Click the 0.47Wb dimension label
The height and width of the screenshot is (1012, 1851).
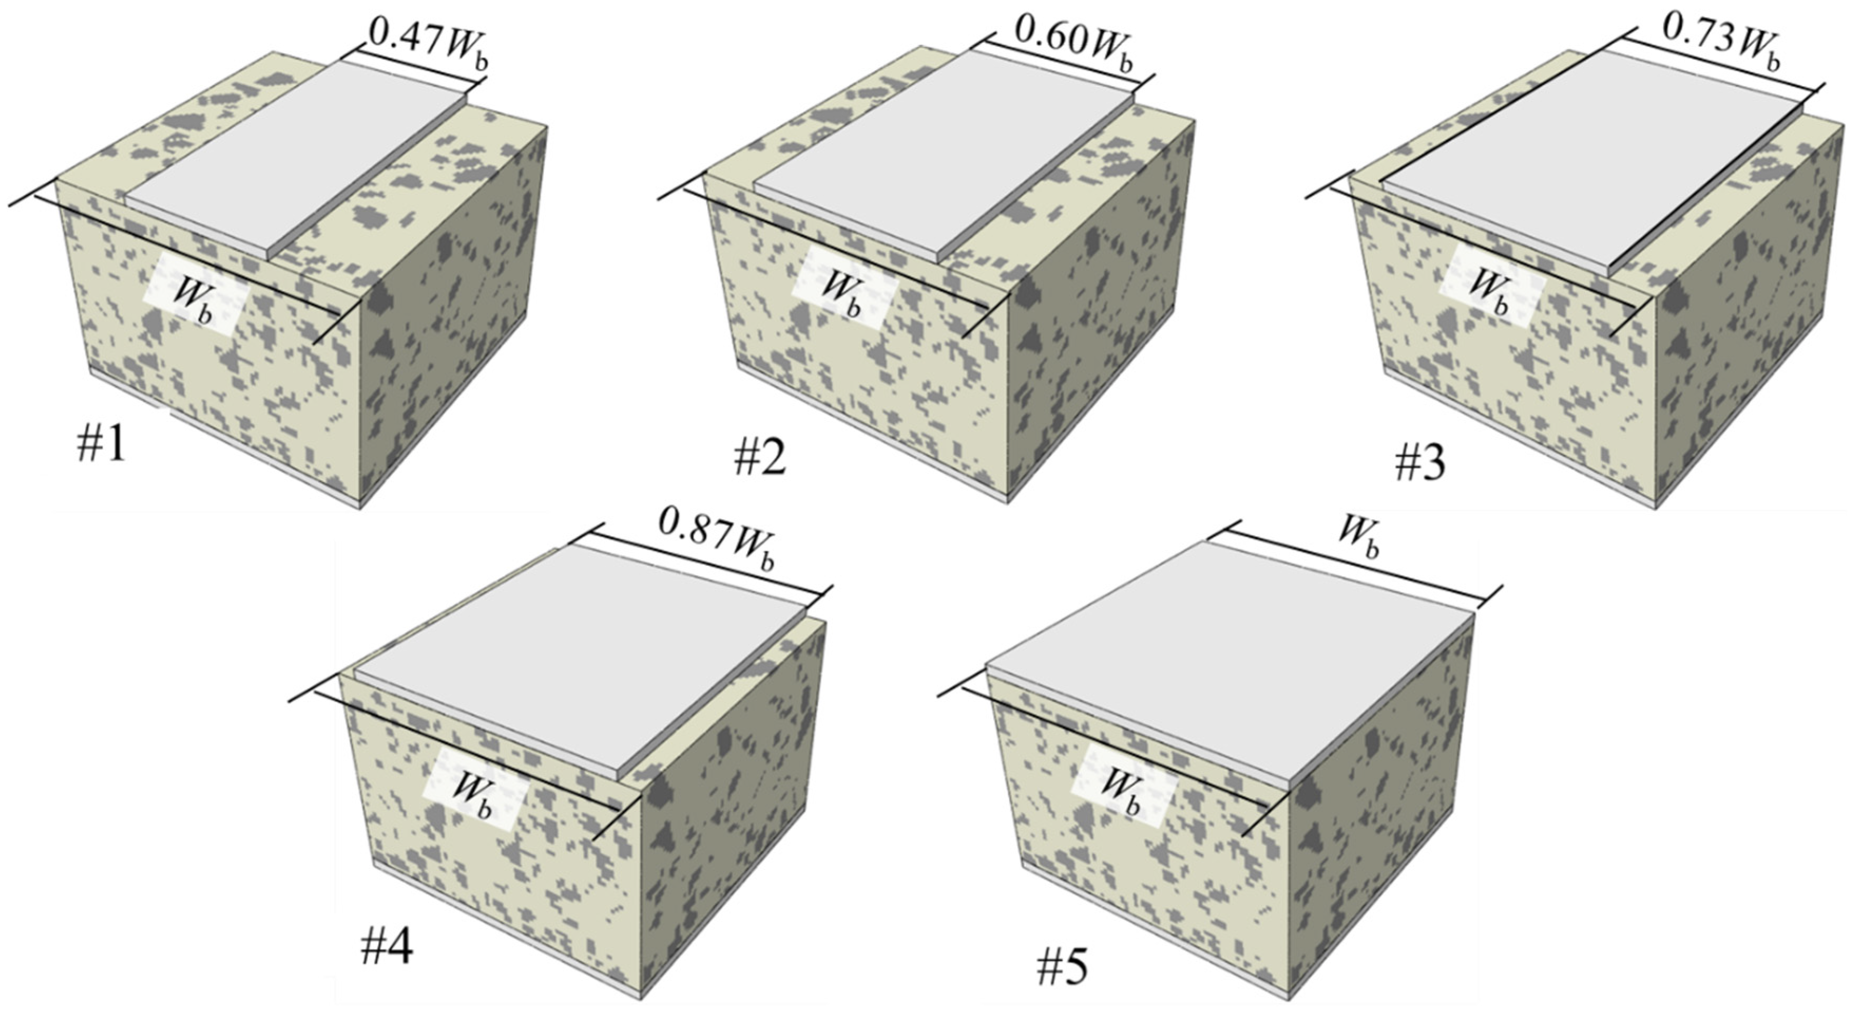tap(429, 44)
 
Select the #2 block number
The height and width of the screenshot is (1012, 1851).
tap(759, 457)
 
